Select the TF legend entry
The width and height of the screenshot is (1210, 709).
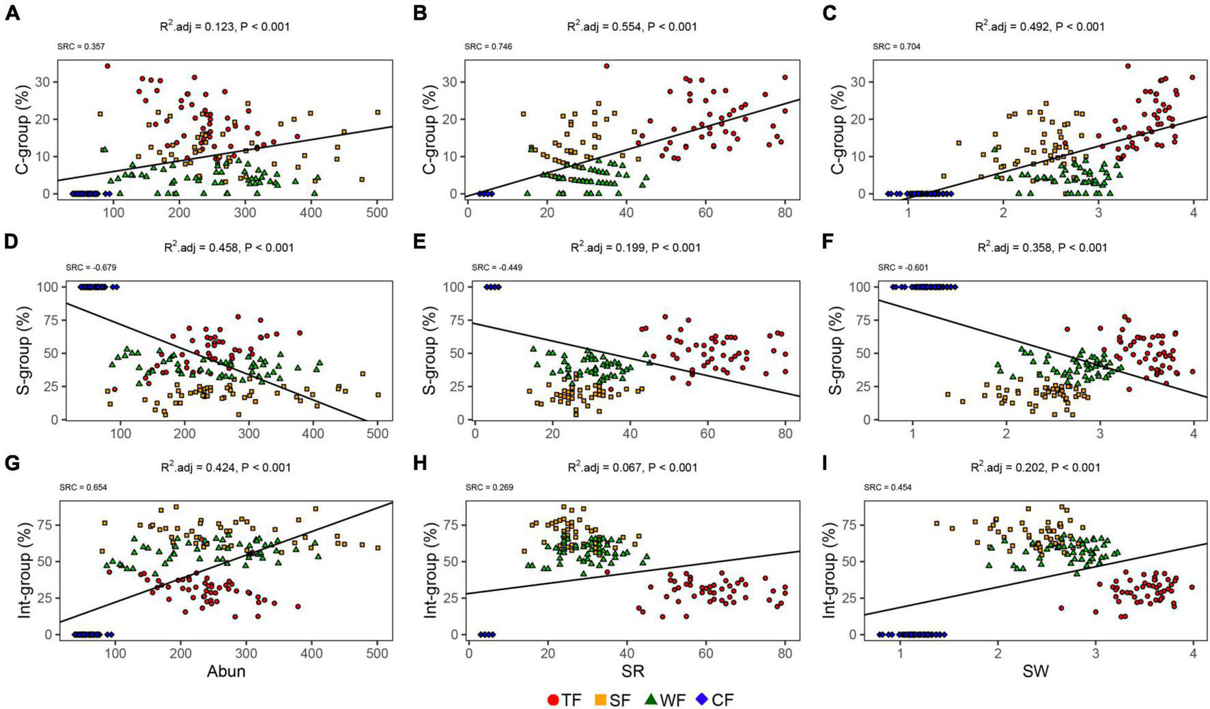[564, 699]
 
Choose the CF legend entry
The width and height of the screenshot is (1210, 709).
[714, 699]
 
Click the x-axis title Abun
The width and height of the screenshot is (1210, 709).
[226, 671]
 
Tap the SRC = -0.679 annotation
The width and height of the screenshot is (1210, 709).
[86, 267]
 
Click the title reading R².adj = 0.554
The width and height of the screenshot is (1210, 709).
[632, 27]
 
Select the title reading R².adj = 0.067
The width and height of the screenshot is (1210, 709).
[632, 468]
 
